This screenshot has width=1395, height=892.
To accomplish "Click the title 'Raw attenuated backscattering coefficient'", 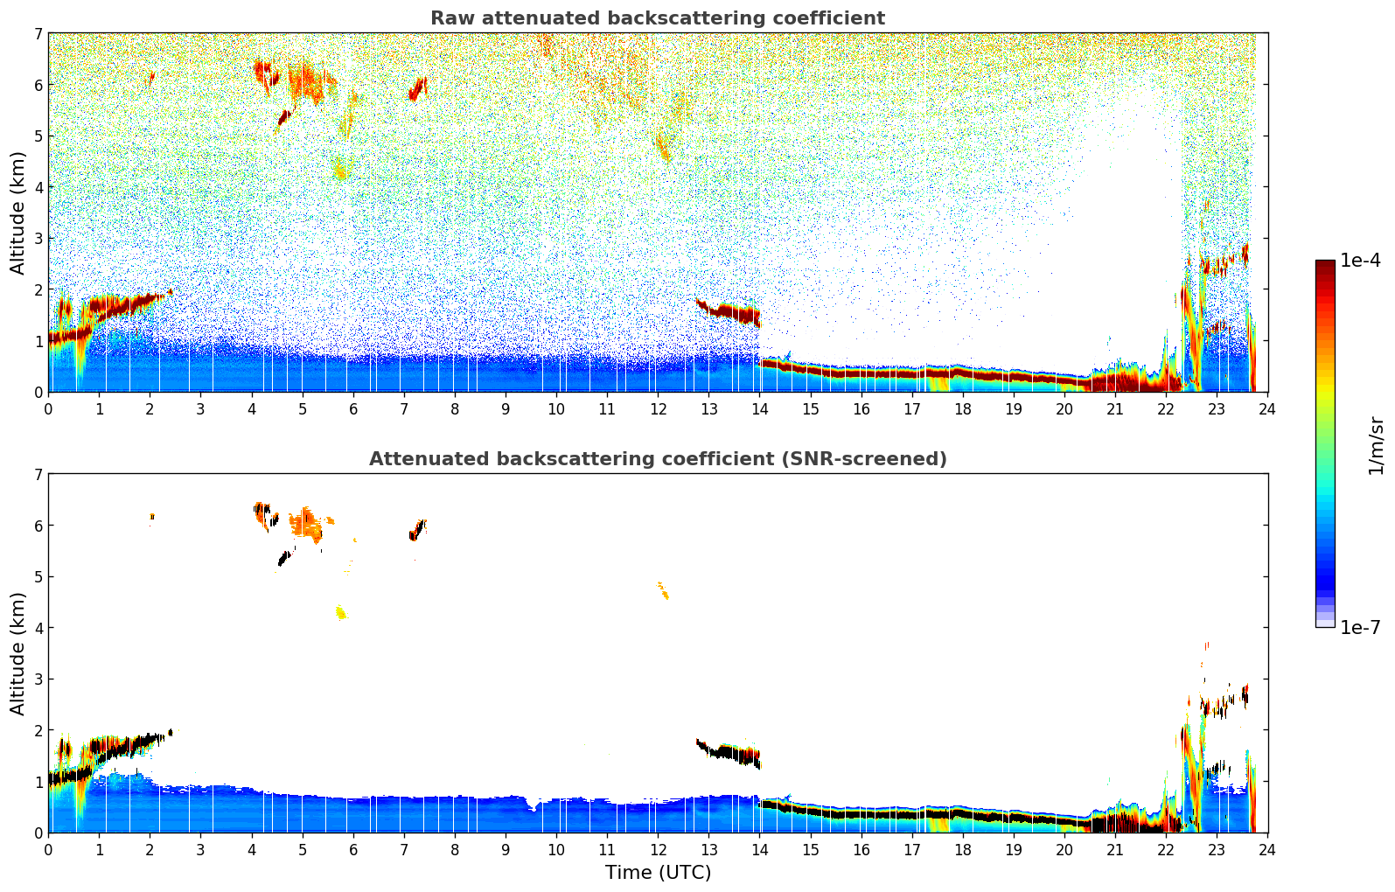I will [x=657, y=18].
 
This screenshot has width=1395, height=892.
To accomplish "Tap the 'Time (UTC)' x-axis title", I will [x=658, y=873].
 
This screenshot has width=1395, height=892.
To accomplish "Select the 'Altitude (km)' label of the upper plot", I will [x=17, y=213].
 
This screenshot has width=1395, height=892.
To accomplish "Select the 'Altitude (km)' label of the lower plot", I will [x=17, y=653].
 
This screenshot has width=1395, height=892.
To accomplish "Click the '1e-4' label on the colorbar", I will [x=1361, y=261].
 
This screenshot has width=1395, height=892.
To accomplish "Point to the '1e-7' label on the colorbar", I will [x=1361, y=627].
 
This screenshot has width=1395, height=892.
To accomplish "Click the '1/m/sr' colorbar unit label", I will [x=1376, y=445].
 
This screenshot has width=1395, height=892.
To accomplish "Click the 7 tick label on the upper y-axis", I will [x=38, y=34].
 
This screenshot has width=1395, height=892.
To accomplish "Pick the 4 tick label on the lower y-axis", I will [x=38, y=628].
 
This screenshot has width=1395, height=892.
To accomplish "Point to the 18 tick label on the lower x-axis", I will [x=962, y=850].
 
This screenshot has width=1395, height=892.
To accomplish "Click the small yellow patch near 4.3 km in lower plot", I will [x=340, y=612].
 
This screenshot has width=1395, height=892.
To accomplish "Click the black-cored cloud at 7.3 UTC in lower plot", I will [x=417, y=531].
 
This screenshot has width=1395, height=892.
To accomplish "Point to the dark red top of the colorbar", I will [x=1324, y=265].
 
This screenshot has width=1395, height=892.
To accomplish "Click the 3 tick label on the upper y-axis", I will [x=38, y=239].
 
